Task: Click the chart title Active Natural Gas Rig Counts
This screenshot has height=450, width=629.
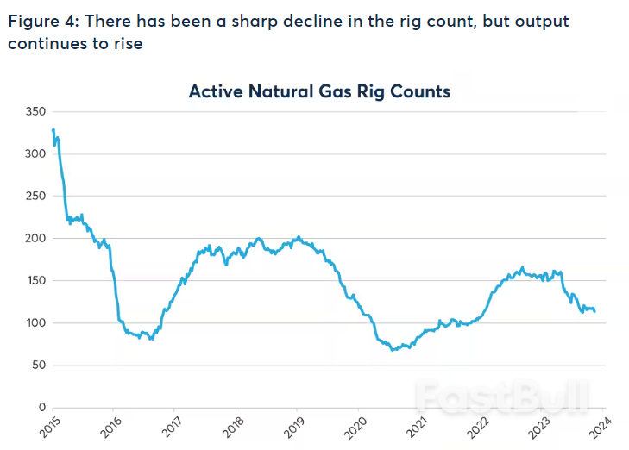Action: tap(319, 91)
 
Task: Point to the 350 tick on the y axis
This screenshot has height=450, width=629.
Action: tap(35, 111)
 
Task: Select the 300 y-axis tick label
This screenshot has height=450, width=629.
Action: tap(35, 153)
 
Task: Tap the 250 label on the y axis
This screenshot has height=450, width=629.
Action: tap(35, 196)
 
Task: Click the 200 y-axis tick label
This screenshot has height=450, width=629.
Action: tap(35, 238)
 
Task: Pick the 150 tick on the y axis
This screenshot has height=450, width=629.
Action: tap(35, 280)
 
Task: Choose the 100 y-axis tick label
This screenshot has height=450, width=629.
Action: tap(35, 322)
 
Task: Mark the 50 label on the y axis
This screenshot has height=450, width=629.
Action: tap(37, 365)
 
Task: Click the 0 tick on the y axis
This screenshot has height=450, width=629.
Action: tap(41, 407)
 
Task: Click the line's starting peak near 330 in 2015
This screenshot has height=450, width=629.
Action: tap(53, 129)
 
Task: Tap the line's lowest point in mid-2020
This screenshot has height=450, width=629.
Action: tap(393, 350)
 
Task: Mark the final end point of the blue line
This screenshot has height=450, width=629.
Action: tap(594, 311)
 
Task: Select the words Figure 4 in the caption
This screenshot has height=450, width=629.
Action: tap(39, 21)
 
